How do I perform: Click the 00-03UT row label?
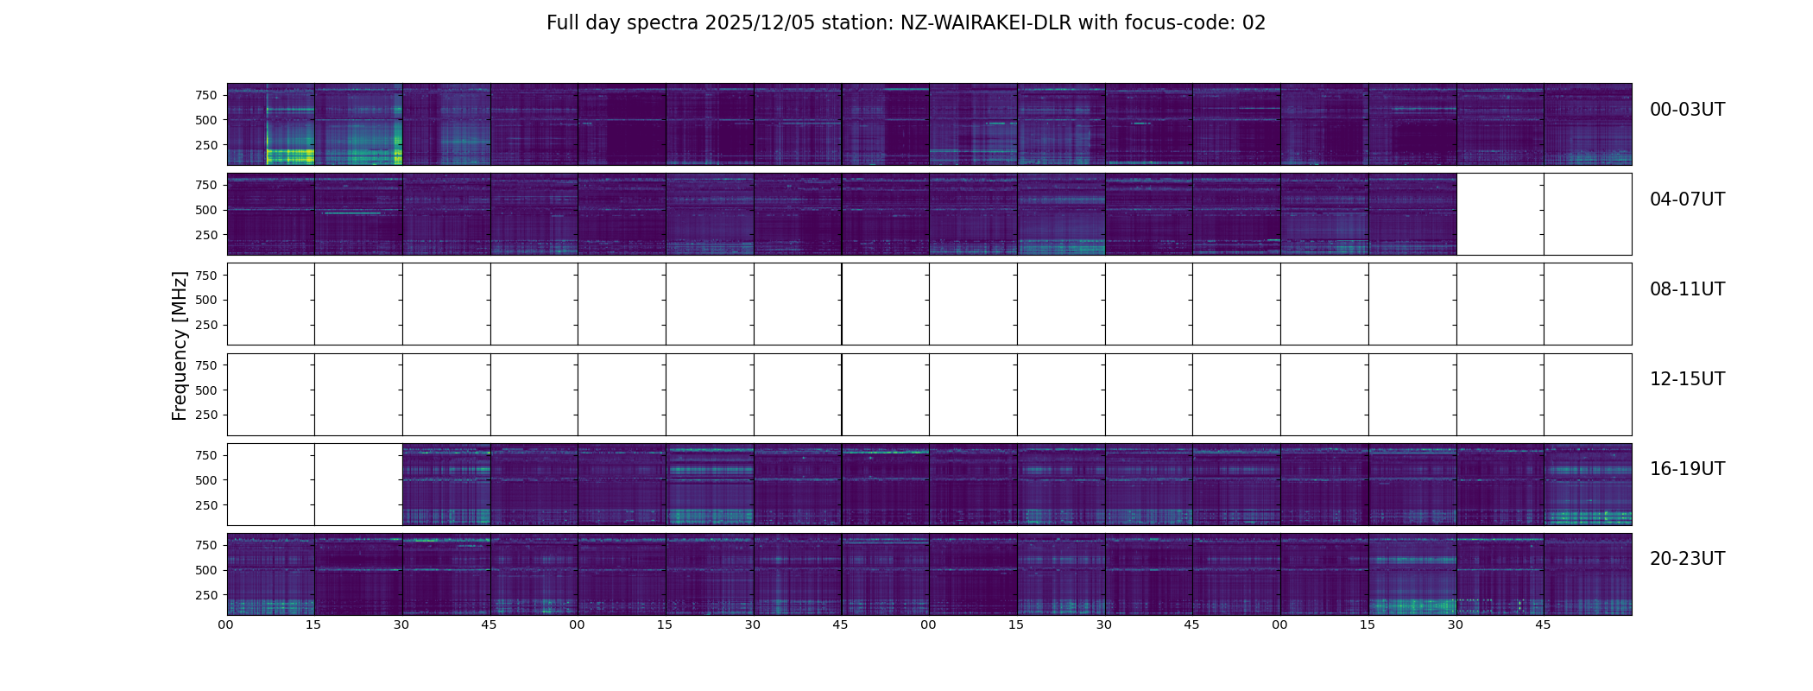pos(1687,110)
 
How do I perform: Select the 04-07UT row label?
pos(1687,200)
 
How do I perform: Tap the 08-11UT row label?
pos(1687,289)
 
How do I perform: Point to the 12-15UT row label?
pos(1687,379)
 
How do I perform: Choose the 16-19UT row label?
pos(1687,469)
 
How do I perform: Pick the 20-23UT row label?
pos(1687,559)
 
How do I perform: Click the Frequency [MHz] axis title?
pos(180,345)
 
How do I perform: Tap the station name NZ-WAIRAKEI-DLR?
pos(986,23)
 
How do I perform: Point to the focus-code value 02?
pos(1254,23)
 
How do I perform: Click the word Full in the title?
pos(563,23)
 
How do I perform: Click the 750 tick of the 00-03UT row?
pos(206,95)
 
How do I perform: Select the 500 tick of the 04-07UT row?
pos(206,210)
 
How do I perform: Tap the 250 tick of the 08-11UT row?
pos(206,325)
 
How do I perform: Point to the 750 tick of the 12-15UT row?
pos(206,365)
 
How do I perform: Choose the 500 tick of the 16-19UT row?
pos(206,480)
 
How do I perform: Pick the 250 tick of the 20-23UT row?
pos(206,595)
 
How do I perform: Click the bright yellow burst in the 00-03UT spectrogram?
pos(289,155)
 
